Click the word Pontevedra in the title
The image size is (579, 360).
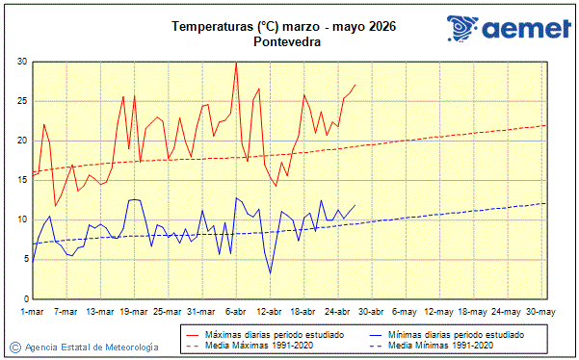click(288, 42)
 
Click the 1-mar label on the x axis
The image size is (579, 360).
click(33, 312)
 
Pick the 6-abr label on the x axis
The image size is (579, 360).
click(235, 312)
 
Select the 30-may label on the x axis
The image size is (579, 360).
click(541, 312)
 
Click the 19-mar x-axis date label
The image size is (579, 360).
click(134, 312)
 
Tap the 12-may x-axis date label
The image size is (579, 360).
click(439, 312)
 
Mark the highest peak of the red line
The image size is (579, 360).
click(236, 64)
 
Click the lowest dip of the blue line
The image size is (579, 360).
click(270, 273)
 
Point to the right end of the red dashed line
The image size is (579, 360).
click(546, 125)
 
